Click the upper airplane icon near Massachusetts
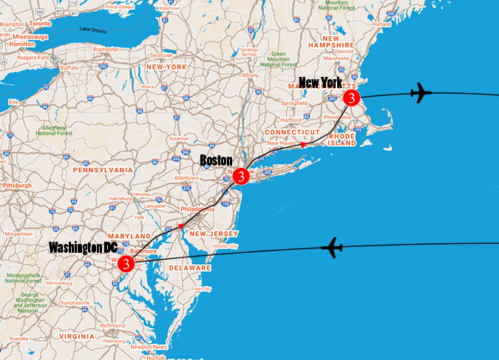tap(420, 93)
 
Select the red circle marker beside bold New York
tap(352, 98)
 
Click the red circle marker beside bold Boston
tap(240, 177)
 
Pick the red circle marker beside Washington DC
tap(126, 262)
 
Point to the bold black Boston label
tap(216, 160)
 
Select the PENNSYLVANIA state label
tap(103, 169)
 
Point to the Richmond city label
tap(112, 325)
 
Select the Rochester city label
tap(106, 49)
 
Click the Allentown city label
tap(186, 179)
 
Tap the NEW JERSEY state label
tap(213, 234)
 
